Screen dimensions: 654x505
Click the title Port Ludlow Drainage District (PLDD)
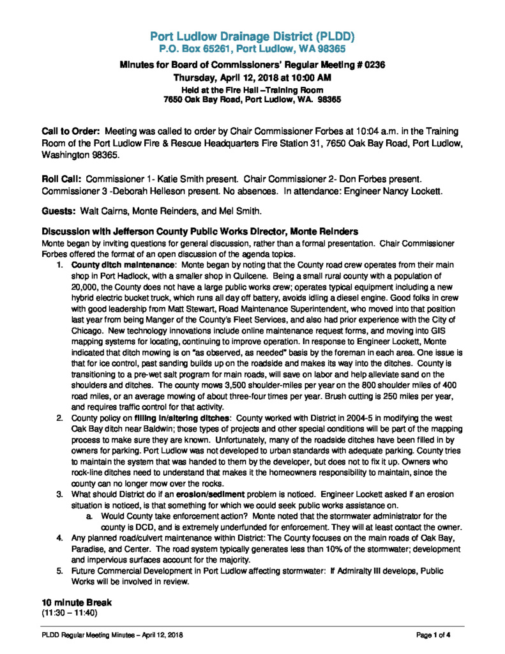(x=252, y=35)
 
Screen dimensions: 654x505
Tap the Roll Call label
(x=62, y=174)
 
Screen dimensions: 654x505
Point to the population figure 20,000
(x=83, y=288)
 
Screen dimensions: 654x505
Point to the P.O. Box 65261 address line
(x=252, y=48)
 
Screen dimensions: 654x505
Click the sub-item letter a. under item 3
(x=88, y=514)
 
